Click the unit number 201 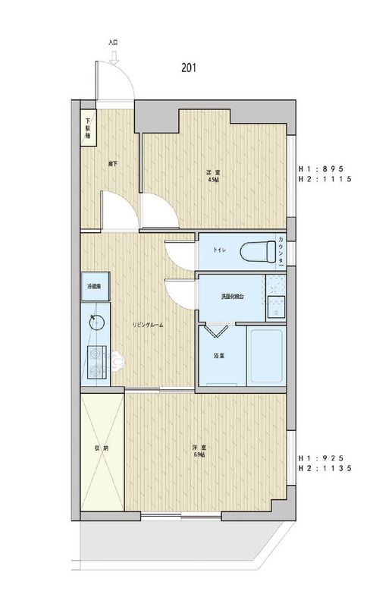[189, 67]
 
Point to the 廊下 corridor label [112, 162]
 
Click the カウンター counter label [282, 250]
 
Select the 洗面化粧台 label [233, 295]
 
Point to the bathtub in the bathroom [266, 356]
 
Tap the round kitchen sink [96, 321]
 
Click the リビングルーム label [148, 325]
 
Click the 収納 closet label [101, 448]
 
